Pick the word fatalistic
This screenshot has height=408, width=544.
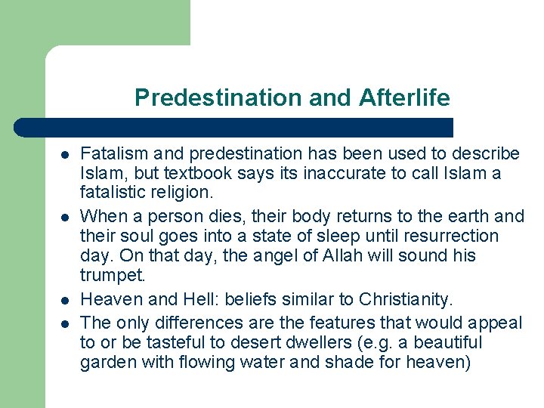click(x=112, y=193)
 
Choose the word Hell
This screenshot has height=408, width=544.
click(x=199, y=297)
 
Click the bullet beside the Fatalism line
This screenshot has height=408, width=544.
click(x=65, y=155)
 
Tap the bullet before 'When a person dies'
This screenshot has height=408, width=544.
click(x=65, y=217)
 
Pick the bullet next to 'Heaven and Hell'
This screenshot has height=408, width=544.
click(x=65, y=298)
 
